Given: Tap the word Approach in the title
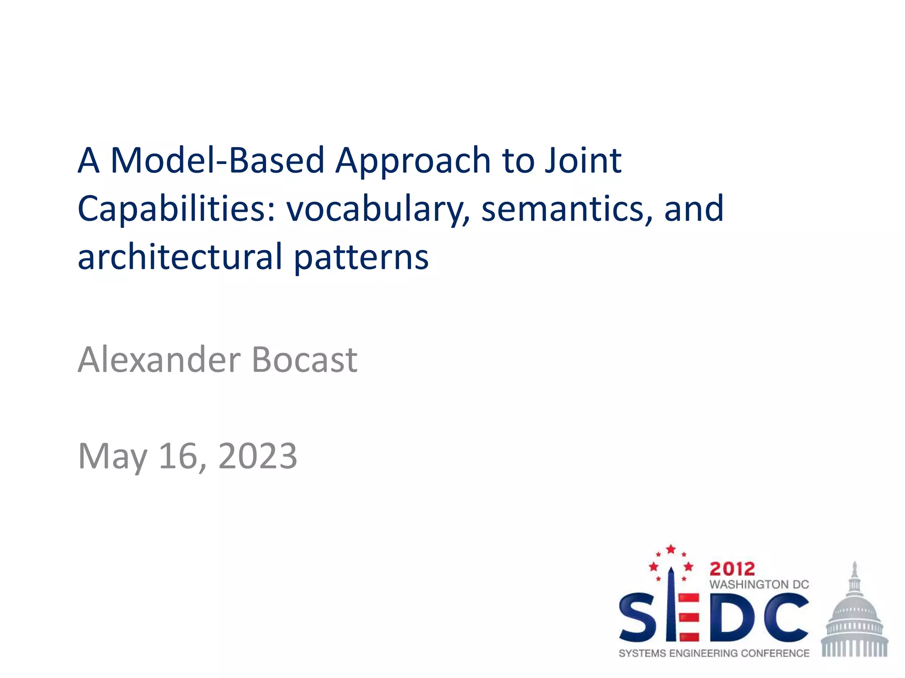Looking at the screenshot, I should tap(413, 162).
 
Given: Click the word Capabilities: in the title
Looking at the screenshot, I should tap(177, 209).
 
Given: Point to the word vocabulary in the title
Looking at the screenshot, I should tap(378, 209).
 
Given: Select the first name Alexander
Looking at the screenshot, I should tap(159, 360).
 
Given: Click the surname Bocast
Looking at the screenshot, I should tap(304, 360).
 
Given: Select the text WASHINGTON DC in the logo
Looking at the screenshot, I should tap(759, 584).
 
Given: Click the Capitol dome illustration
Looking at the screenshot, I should tap(855, 616).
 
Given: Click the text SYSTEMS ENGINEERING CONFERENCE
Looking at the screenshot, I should tap(714, 653).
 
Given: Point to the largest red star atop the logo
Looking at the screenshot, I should tap(671, 549).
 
